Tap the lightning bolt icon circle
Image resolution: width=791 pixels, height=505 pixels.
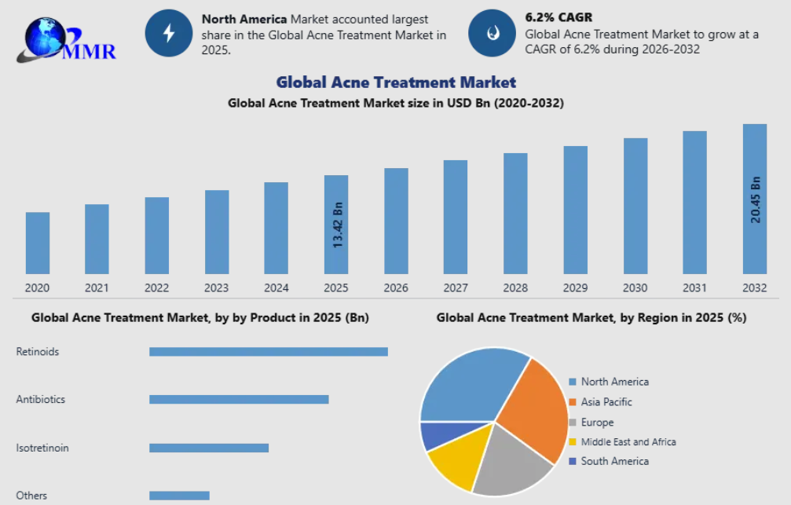pyautogui.click(x=168, y=33)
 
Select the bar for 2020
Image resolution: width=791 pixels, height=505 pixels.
pyautogui.click(x=38, y=243)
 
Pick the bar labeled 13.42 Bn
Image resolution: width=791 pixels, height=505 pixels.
pyautogui.click(x=337, y=225)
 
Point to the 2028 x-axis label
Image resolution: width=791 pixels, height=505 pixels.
pyautogui.click(x=515, y=288)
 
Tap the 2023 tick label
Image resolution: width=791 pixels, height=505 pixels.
pyautogui.click(x=216, y=288)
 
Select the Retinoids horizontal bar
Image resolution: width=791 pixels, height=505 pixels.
pyautogui.click(x=269, y=352)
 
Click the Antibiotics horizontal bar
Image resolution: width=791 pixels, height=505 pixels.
pyautogui.click(x=239, y=400)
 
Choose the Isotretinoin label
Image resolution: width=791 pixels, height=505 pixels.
pyautogui.click(x=42, y=448)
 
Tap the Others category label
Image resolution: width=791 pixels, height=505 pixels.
pyautogui.click(x=31, y=496)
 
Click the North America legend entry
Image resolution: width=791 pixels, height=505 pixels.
pyautogui.click(x=614, y=382)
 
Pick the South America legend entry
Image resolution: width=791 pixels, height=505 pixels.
pyautogui.click(x=614, y=461)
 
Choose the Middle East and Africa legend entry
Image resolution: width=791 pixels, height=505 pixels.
pyautogui.click(x=628, y=441)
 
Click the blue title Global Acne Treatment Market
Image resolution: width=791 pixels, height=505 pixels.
pyautogui.click(x=396, y=82)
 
